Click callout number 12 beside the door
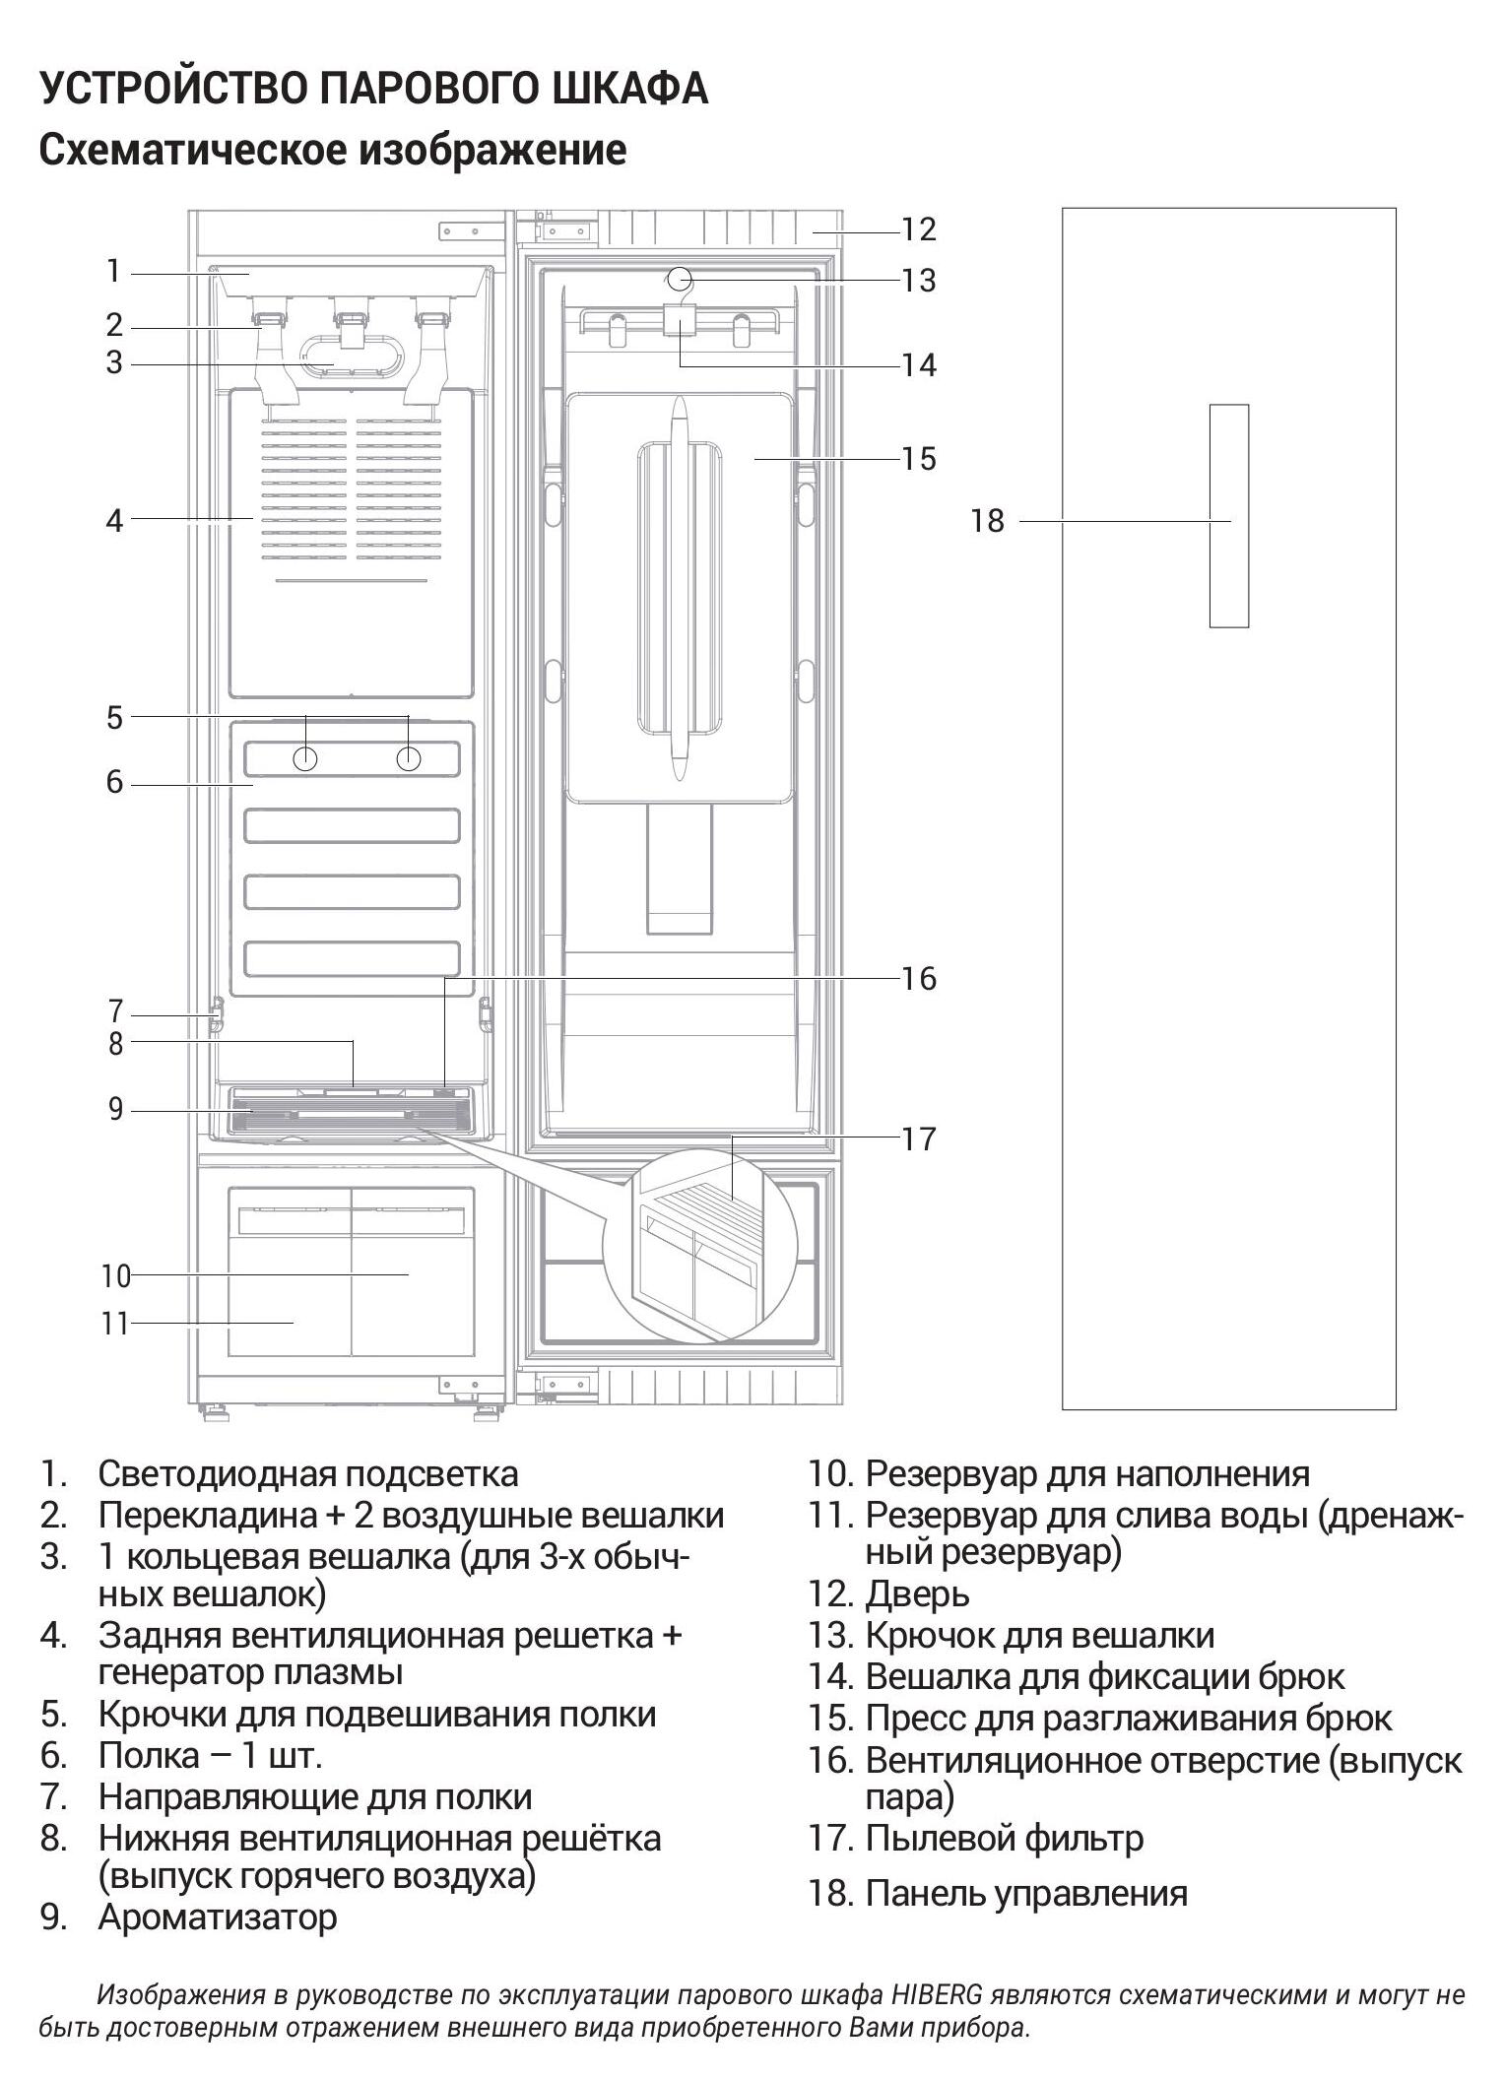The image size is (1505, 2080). coord(918,229)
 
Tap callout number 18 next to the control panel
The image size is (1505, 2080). coord(987,521)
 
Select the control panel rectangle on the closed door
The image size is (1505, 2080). coord(1228,515)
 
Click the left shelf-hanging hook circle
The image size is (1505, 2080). coord(305,758)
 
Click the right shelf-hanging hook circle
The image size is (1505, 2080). coord(409,758)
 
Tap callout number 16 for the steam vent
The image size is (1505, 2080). coord(918,978)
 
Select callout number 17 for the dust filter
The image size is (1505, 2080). coord(918,1139)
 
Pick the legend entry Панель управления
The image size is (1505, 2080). coord(1025,1893)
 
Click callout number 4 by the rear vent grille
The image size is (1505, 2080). coord(115,521)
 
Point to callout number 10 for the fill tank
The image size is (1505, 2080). coord(115,1276)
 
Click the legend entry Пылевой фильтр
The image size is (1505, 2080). coord(1004,1838)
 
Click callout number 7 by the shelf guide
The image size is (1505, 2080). coord(115,1011)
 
